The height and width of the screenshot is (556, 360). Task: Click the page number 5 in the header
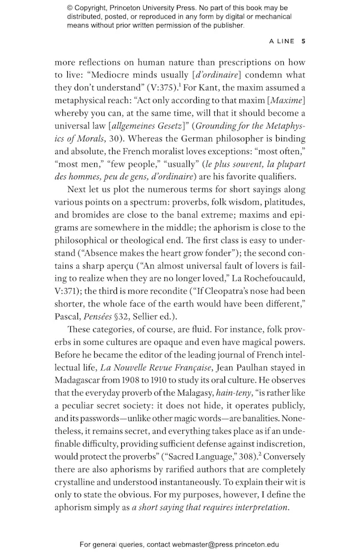coord(304,41)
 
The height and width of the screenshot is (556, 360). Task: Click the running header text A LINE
coord(282,41)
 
